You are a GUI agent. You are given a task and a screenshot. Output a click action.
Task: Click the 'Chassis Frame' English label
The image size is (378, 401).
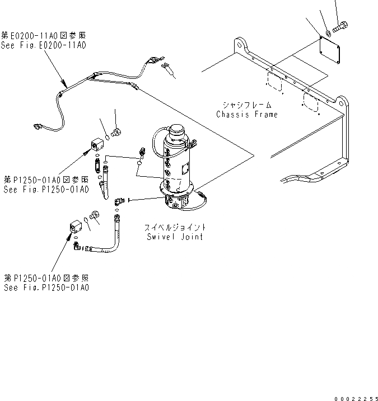click(x=247, y=115)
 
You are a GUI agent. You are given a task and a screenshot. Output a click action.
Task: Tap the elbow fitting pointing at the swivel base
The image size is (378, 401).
click(x=119, y=201)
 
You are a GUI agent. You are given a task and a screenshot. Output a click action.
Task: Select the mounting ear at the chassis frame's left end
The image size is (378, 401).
click(x=239, y=44)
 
